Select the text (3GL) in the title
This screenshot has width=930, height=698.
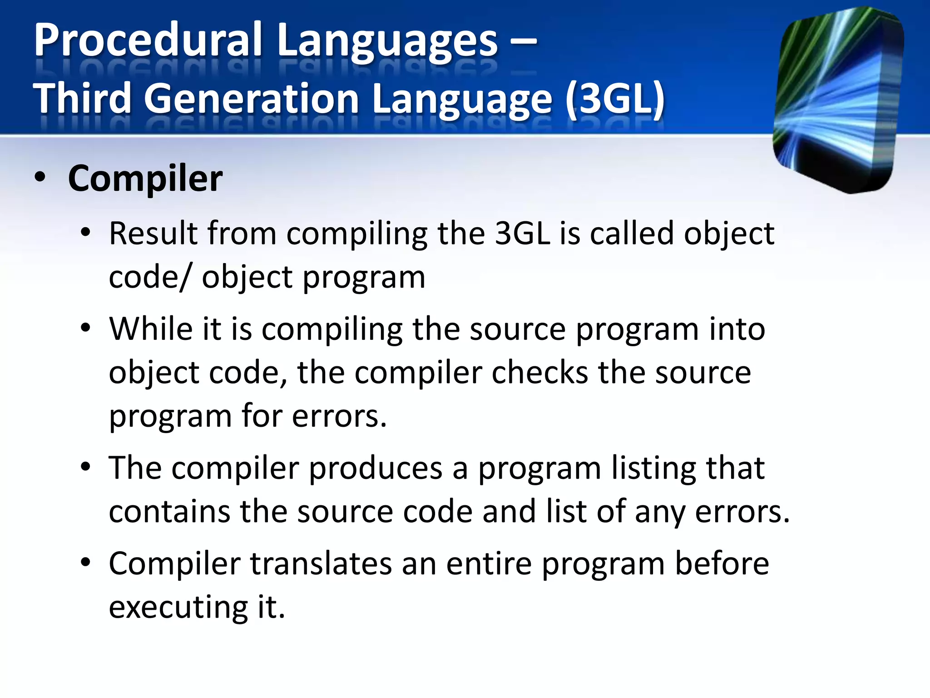[x=615, y=100]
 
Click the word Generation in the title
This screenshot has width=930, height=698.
[x=252, y=100]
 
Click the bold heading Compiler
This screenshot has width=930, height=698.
[x=145, y=179]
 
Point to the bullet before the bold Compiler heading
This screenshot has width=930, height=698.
[x=40, y=178]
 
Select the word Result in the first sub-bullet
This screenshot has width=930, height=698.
[x=153, y=234]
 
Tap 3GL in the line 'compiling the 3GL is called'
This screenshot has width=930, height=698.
[x=522, y=234]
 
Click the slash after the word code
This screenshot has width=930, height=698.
[x=184, y=278]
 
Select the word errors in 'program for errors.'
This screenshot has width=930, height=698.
[x=338, y=416]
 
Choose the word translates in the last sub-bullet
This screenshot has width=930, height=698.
[x=321, y=564]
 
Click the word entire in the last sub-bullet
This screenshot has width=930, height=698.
[x=489, y=564]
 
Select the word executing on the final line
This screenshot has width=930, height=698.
[x=178, y=608]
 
